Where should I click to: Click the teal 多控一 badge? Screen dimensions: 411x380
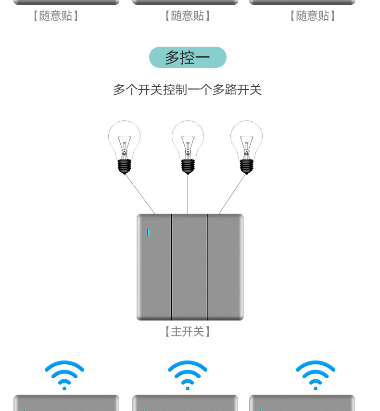(188, 57)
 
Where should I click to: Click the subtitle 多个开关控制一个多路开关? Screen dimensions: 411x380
(187, 90)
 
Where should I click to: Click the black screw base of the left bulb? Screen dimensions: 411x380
(124, 166)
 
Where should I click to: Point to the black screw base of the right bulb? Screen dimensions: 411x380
(246, 166)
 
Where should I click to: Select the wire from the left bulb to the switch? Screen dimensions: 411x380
(140, 193)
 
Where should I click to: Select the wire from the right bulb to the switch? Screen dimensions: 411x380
(232, 193)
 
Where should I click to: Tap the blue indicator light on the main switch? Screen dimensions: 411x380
(148, 233)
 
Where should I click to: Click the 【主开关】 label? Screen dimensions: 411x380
(187, 332)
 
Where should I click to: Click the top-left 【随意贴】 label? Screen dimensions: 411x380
(55, 16)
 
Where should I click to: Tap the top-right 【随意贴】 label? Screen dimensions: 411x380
(312, 16)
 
